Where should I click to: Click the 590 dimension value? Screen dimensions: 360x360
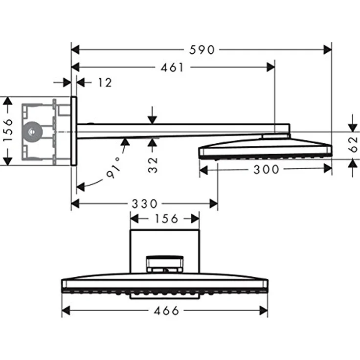tap(202, 50)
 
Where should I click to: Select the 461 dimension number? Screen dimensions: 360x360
tap(172, 67)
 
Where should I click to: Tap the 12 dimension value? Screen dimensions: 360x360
tap(105, 83)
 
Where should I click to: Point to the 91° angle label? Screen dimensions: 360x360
tap(113, 168)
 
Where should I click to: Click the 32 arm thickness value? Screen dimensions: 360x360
tap(153, 165)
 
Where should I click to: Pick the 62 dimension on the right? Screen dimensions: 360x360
tap(353, 144)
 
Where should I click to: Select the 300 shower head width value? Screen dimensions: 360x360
tap(266, 170)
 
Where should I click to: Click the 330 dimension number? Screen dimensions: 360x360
tap(144, 203)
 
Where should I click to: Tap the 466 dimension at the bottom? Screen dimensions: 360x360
tap(166, 311)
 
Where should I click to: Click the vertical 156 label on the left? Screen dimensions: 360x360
tap(8, 130)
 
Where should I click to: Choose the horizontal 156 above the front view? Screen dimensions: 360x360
tap(166, 219)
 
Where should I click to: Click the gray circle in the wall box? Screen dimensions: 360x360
tap(32, 132)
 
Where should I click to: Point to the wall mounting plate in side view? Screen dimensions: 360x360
tap(74, 131)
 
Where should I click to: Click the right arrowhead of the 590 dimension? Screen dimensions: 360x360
tap(328, 49)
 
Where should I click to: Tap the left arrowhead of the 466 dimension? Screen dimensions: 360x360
tap(66, 311)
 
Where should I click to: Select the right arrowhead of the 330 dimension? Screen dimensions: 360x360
tap(214, 203)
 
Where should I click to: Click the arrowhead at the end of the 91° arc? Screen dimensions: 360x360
tap(80, 187)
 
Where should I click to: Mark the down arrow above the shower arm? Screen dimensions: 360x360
tap(152, 115)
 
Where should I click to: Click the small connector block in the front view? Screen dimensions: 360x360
tap(165, 264)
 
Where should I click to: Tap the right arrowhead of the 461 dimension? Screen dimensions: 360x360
tap(271, 67)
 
